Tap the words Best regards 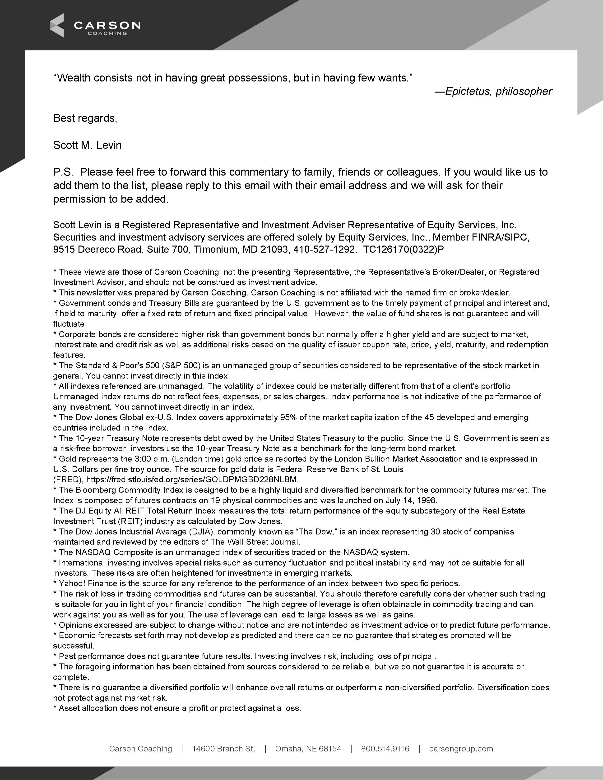pyautogui.click(x=85, y=118)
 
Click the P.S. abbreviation pyautogui.click(x=63, y=172)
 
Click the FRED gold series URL pyautogui.click(x=192, y=479)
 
